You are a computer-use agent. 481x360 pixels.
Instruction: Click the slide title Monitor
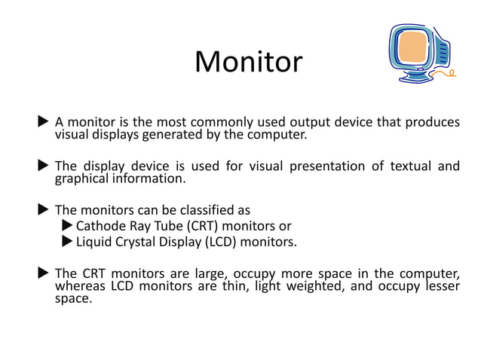click(248, 62)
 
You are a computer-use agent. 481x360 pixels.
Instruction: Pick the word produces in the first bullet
click(431, 122)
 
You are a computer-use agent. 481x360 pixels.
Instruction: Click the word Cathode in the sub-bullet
click(100, 226)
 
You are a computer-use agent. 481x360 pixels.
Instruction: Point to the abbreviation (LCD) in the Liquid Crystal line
click(220, 242)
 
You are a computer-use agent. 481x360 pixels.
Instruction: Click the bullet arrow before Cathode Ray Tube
click(67, 226)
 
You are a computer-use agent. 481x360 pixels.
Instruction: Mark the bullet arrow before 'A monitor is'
click(44, 122)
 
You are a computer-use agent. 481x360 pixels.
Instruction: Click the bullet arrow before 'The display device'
click(44, 166)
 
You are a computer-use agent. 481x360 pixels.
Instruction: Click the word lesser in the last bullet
click(440, 285)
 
